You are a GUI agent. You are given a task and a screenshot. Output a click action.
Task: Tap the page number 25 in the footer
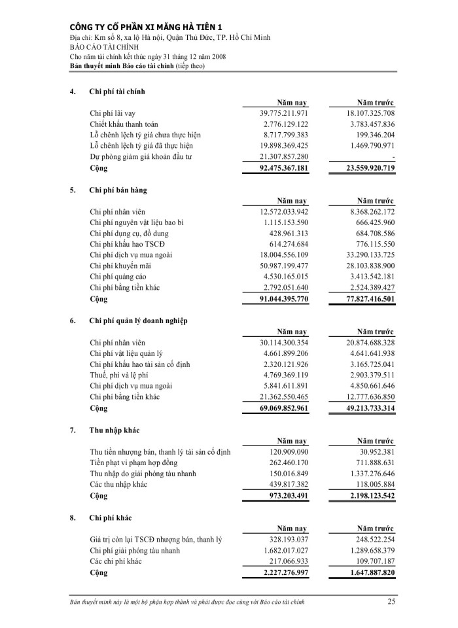(x=391, y=601)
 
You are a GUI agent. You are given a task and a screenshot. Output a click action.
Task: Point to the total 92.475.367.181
(x=275, y=168)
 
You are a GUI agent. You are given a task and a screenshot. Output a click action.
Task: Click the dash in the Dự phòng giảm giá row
(x=393, y=157)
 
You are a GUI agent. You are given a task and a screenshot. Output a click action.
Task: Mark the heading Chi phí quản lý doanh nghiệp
(x=138, y=321)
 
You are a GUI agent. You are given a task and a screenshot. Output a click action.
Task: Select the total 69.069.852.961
(x=275, y=408)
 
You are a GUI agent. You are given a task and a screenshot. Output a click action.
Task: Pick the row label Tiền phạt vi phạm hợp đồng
(x=139, y=462)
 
